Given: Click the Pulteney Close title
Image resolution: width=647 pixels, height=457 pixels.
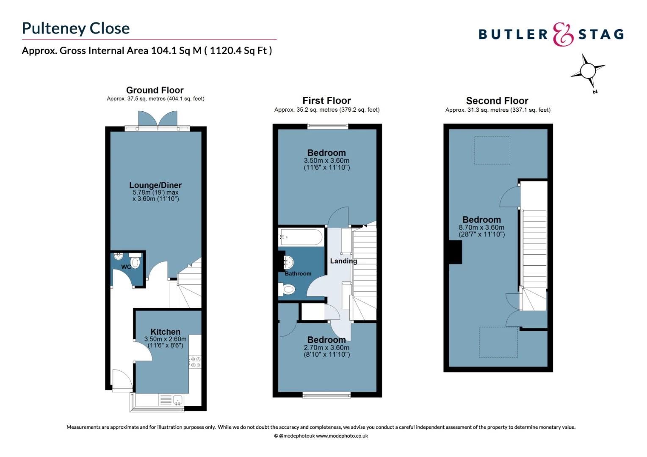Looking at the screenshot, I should click(76, 28).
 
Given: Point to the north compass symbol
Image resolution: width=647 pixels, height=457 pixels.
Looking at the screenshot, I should click(588, 71).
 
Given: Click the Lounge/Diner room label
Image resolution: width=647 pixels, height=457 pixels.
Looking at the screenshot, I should click(155, 185).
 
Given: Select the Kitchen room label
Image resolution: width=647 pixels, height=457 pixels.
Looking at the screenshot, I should click(165, 332).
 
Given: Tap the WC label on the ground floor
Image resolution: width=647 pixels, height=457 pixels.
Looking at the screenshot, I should click(126, 267).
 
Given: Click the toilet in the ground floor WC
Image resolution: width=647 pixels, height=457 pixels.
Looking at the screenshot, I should click(135, 262).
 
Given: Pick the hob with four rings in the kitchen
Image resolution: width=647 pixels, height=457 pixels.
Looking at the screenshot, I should click(195, 362).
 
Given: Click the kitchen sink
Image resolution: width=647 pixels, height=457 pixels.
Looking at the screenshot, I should click(177, 400).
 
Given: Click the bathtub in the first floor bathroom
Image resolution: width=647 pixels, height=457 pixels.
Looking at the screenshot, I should click(301, 237).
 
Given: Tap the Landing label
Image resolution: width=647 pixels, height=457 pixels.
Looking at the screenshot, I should click(343, 261).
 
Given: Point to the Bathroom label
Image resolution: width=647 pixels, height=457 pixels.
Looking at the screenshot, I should click(298, 274).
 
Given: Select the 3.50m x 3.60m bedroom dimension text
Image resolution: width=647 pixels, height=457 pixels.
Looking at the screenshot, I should click(326, 161).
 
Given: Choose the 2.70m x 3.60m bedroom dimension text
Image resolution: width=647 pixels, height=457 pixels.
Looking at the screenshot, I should click(326, 348).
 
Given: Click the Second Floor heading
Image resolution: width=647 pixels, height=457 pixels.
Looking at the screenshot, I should click(497, 101).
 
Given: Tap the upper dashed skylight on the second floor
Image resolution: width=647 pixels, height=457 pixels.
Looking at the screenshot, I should click(492, 150).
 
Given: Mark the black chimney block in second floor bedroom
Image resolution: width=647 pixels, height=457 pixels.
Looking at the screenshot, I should click(456, 252).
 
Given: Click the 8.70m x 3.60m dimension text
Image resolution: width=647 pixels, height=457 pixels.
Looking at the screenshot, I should click(481, 228).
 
